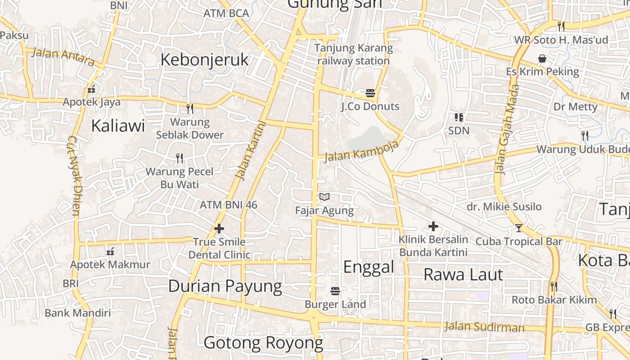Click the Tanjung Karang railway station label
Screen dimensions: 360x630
[x=353, y=54]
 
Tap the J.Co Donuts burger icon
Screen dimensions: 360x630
[x=370, y=93]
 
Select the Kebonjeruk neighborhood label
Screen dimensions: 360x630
[x=204, y=59]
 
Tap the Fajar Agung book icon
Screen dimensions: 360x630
[x=324, y=197]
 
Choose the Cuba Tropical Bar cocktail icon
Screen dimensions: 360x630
[x=518, y=228]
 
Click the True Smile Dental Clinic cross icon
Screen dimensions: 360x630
[x=219, y=229]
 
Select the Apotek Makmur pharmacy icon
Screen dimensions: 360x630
[x=110, y=252]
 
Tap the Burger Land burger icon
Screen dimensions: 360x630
[x=335, y=291]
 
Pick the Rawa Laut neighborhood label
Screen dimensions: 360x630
[x=463, y=274]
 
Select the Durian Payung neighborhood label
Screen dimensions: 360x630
[x=225, y=286]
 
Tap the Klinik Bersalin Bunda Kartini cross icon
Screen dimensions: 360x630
[x=433, y=226]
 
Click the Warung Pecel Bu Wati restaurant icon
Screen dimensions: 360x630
[x=180, y=158]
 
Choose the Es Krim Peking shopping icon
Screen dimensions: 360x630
[x=542, y=58]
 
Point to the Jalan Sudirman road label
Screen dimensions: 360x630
[x=484, y=327]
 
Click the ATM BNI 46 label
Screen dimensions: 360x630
[x=229, y=205]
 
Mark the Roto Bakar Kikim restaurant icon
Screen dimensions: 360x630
[x=554, y=287]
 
